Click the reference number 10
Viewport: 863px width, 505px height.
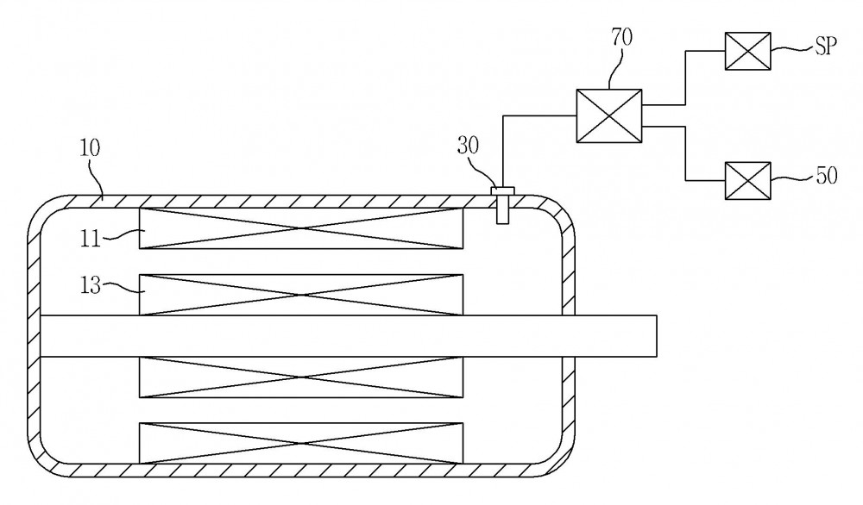(90, 148)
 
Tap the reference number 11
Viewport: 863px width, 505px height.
(91, 239)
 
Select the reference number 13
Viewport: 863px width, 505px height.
(91, 285)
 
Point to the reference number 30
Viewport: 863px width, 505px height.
(468, 146)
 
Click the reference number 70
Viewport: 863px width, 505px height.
(621, 37)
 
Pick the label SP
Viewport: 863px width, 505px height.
(826, 47)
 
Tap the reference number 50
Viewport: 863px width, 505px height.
(826, 176)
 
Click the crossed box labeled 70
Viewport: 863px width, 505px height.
(609, 116)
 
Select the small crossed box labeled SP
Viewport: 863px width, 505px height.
(747, 51)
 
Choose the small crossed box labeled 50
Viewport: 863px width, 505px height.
(747, 181)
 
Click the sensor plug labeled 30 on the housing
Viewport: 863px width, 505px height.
(502, 205)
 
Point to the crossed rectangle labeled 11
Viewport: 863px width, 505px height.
(301, 228)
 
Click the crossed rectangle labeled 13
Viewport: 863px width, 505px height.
(301, 295)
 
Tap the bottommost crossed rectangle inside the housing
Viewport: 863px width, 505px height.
(301, 443)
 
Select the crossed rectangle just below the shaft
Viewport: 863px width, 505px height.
(301, 377)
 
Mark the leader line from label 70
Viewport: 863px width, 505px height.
(616, 69)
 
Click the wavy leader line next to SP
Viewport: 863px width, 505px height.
(792, 49)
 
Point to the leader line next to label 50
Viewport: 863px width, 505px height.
(792, 178)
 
